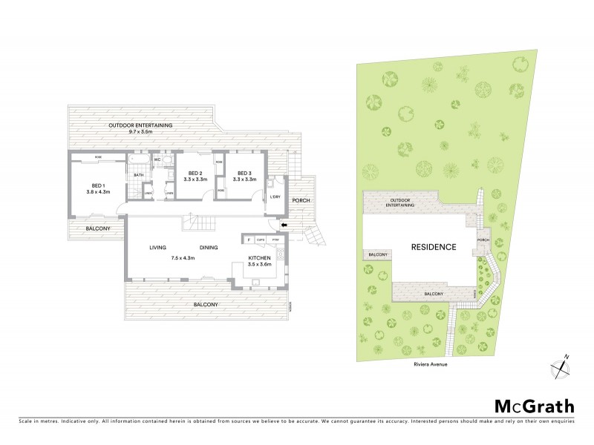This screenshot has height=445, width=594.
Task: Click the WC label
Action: (x=158, y=159)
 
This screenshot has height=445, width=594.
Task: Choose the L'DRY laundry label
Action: (x=275, y=197)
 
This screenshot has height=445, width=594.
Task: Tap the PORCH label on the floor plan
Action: (x=301, y=200)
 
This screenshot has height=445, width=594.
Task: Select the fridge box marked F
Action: (x=248, y=240)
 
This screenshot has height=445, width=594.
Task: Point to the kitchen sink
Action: (x=256, y=282)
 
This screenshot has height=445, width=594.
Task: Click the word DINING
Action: (x=209, y=248)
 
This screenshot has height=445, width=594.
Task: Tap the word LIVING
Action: (x=157, y=248)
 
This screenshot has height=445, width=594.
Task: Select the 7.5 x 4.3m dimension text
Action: (x=182, y=258)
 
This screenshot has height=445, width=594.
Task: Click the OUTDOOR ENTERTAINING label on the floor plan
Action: (x=141, y=125)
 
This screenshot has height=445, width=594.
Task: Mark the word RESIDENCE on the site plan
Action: (x=434, y=246)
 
